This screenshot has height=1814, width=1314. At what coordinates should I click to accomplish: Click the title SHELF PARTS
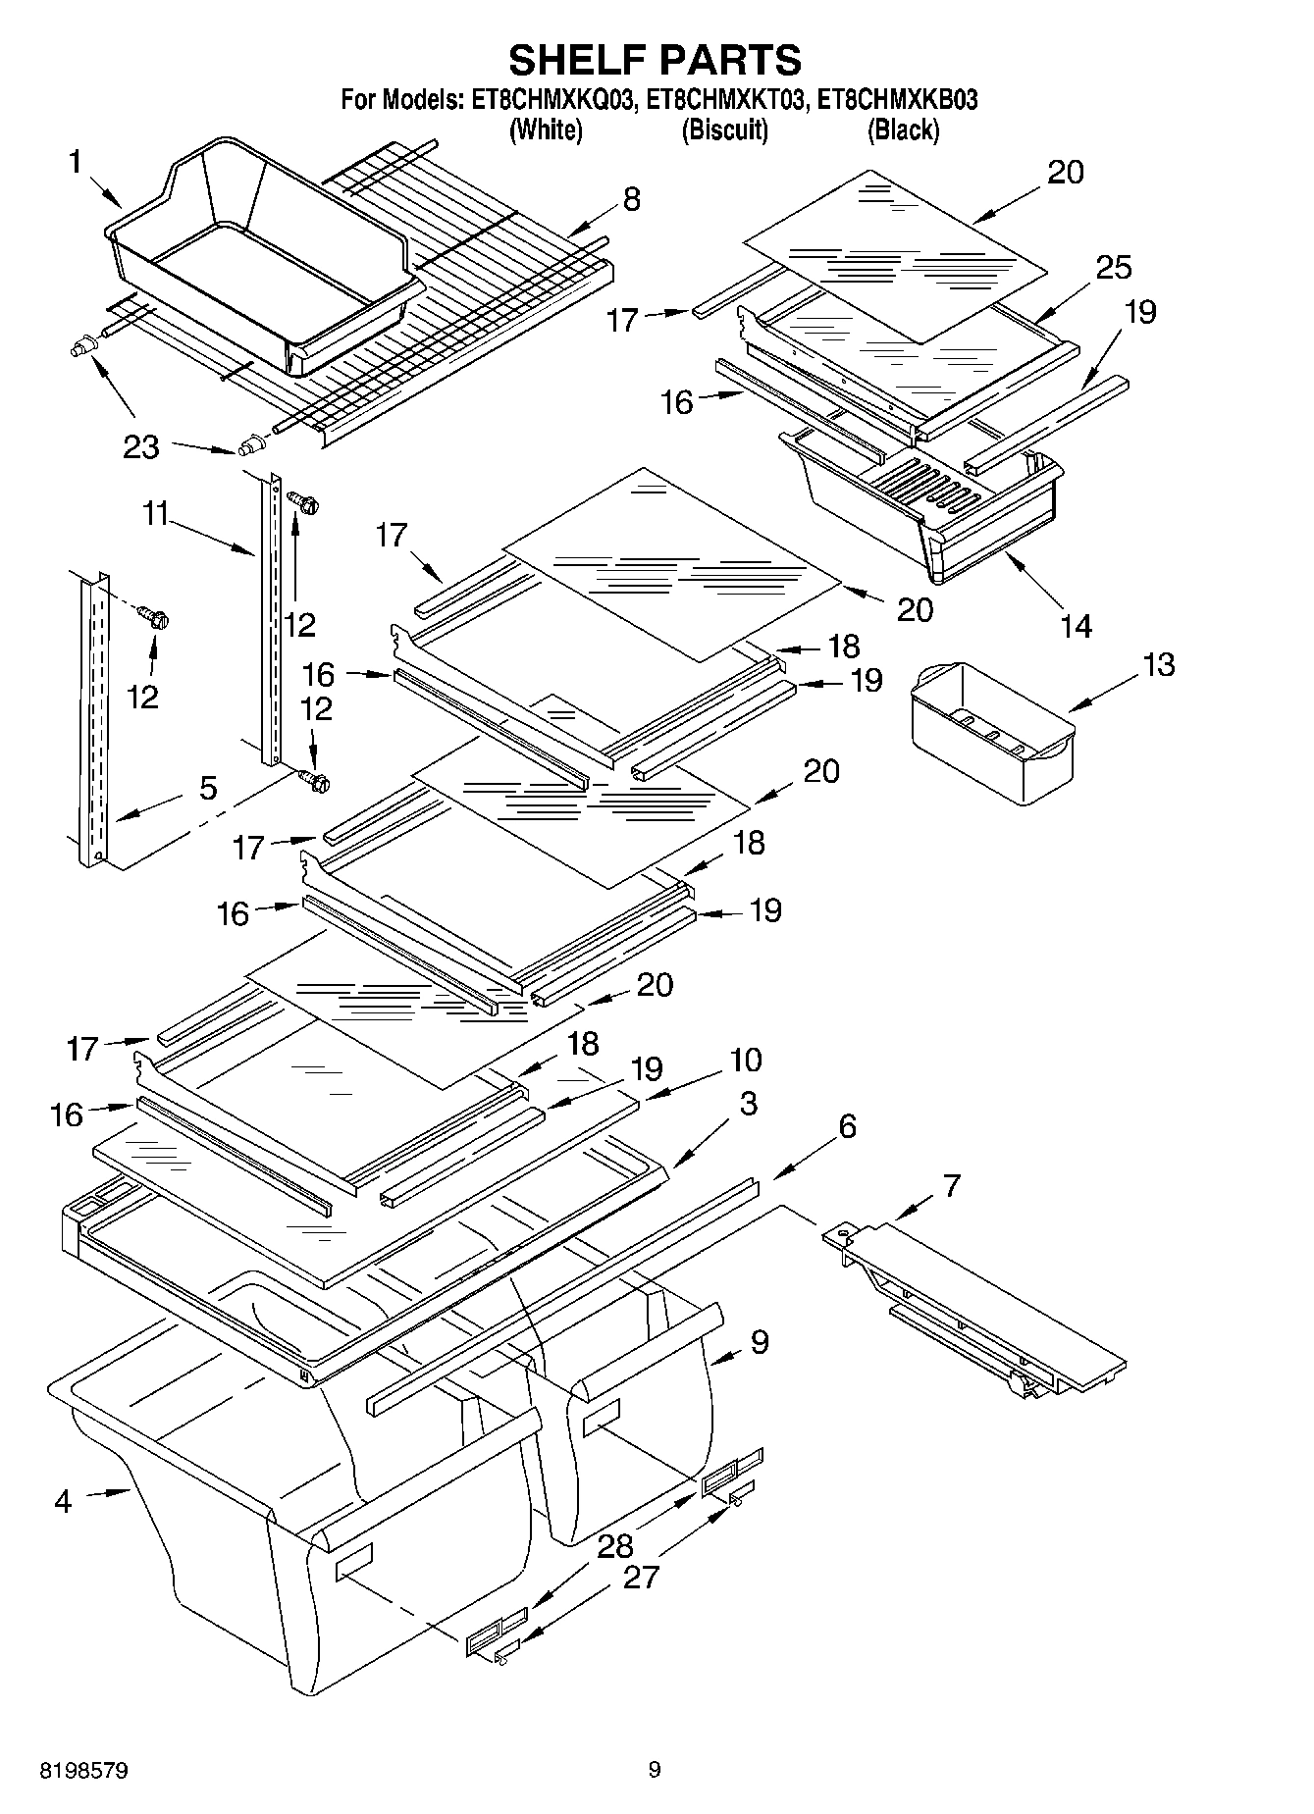tap(655, 60)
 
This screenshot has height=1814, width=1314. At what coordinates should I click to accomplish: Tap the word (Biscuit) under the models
tap(724, 130)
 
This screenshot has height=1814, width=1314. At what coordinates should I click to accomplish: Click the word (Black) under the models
tap(903, 130)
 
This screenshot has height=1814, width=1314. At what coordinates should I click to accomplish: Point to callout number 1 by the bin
tap(75, 162)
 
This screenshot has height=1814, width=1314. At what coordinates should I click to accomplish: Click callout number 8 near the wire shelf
tap(631, 199)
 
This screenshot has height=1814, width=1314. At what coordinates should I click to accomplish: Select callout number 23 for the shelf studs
tap(141, 447)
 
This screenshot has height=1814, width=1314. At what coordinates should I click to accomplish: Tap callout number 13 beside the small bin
tap(1159, 664)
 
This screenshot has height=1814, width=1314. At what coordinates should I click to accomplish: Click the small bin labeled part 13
tap(991, 731)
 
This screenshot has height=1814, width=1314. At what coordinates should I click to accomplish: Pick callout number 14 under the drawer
tap(1076, 625)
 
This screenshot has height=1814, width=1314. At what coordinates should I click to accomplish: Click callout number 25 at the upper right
tap(1114, 267)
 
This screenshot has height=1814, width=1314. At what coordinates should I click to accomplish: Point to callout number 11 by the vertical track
tap(156, 513)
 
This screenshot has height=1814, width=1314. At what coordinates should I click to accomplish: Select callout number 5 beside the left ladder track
tap(208, 788)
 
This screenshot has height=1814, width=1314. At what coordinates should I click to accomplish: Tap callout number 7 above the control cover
tap(951, 1186)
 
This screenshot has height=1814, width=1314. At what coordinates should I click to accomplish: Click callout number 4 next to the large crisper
tap(63, 1501)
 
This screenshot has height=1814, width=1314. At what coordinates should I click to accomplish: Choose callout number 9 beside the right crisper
tap(759, 1342)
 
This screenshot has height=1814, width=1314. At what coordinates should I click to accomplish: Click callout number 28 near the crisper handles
tap(615, 1546)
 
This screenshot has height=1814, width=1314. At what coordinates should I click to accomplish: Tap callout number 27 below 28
tap(641, 1577)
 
